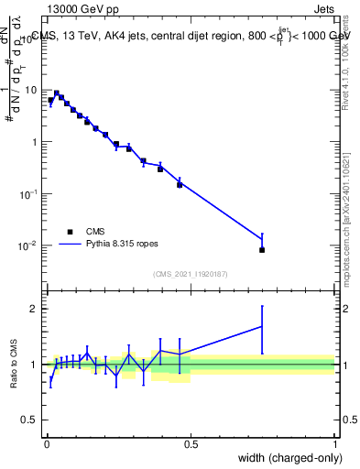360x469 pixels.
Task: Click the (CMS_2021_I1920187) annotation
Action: [x=190, y=273]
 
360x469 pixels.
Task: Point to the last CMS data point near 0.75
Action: [x=262, y=249]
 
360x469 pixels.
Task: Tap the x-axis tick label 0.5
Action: [x=190, y=444]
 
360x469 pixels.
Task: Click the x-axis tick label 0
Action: [x=46, y=444]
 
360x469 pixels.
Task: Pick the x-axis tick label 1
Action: [x=335, y=444]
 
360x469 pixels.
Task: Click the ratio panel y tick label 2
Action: [x=35, y=309]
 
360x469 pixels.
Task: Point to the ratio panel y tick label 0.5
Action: [x=31, y=420]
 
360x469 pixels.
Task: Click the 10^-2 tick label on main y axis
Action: [x=29, y=245]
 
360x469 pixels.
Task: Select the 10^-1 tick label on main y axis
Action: [x=29, y=194]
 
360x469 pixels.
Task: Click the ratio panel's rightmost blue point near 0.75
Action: [x=262, y=326]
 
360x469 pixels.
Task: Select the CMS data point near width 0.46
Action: [x=180, y=184]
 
